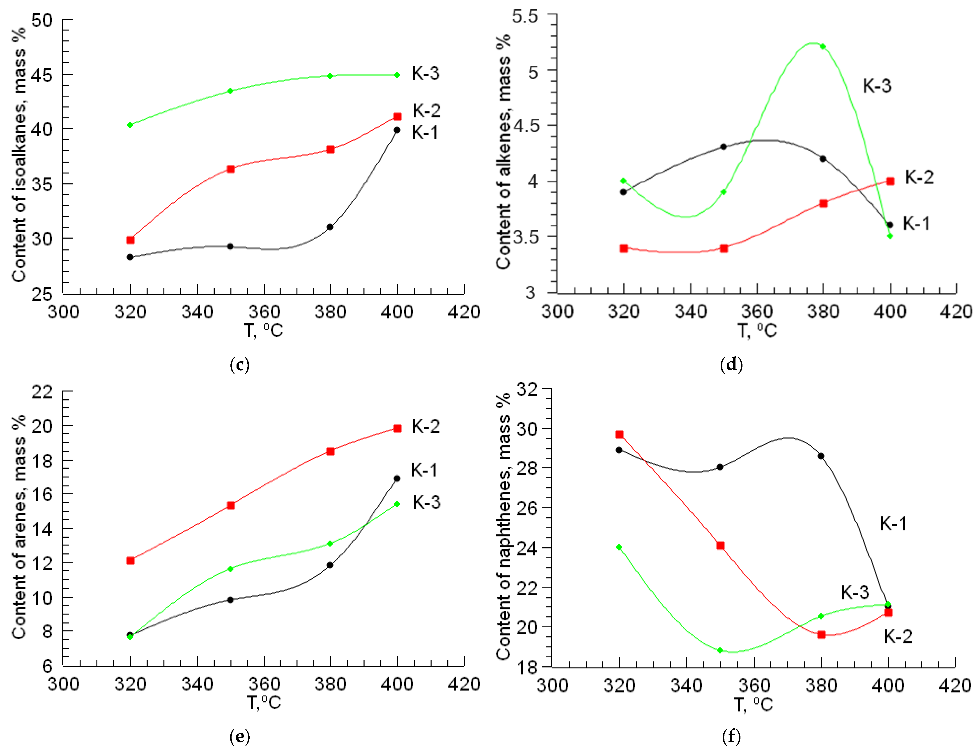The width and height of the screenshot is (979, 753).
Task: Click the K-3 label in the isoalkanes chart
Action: pyautogui.click(x=425, y=73)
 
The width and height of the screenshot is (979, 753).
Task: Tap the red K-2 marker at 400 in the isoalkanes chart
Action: pyautogui.click(x=397, y=117)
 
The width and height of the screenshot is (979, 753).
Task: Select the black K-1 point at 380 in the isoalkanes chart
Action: pyautogui.click(x=330, y=227)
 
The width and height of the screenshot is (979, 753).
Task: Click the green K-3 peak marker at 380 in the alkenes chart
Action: pyautogui.click(x=823, y=46)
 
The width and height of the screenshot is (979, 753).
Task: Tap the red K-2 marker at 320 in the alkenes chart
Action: pyautogui.click(x=624, y=248)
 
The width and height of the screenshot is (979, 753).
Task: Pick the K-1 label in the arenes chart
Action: pyautogui.click(x=424, y=470)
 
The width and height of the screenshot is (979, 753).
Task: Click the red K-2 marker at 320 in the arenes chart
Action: pyautogui.click(x=130, y=561)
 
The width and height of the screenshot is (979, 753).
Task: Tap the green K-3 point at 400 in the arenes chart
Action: pyautogui.click(x=397, y=504)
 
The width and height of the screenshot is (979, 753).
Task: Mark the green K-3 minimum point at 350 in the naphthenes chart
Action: pyautogui.click(x=720, y=650)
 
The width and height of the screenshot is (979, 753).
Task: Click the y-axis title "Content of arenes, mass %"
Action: pyautogui.click(x=19, y=527)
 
